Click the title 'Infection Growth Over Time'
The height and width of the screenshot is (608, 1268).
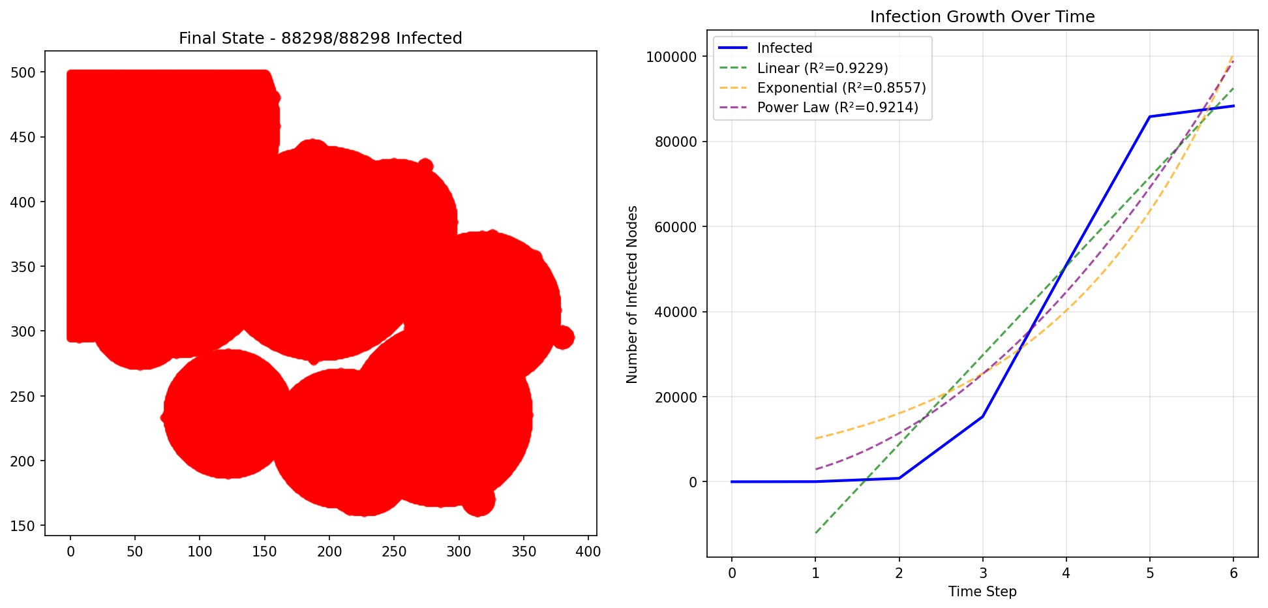click(x=982, y=17)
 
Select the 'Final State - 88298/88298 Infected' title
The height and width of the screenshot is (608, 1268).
click(x=320, y=38)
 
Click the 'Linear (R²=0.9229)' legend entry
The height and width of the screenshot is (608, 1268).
click(x=823, y=68)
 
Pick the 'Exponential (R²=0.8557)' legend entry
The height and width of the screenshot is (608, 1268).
click(x=841, y=88)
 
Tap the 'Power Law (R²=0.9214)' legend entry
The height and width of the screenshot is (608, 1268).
click(x=838, y=108)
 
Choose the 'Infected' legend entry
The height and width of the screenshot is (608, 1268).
click(x=785, y=48)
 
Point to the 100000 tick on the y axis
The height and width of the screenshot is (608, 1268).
click(x=671, y=57)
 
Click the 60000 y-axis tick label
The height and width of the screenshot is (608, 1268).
click(x=674, y=227)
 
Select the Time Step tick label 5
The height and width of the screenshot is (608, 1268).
click(x=1149, y=573)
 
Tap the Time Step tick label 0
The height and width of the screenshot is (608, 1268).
click(x=732, y=573)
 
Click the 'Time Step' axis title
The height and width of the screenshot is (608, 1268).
click(x=982, y=592)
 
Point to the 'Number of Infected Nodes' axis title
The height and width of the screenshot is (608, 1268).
click(x=632, y=294)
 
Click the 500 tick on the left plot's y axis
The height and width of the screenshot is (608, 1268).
click(x=23, y=72)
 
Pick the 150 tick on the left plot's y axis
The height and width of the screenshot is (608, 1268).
click(x=23, y=526)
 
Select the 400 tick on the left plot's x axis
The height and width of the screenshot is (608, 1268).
click(x=588, y=552)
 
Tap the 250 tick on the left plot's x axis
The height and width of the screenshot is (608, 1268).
click(x=394, y=552)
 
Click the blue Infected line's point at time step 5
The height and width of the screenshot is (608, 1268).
click(x=1149, y=117)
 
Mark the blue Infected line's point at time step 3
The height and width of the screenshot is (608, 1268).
click(x=982, y=416)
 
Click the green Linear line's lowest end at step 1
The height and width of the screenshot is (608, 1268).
click(x=815, y=533)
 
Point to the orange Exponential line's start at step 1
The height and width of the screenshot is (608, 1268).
click(x=815, y=438)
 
